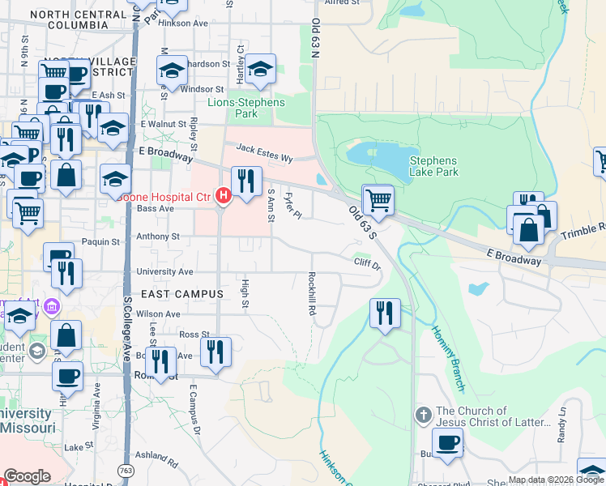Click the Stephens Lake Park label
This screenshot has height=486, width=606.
pos(433,166)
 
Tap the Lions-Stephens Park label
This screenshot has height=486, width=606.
pos(246,108)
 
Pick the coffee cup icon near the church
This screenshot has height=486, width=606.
pos(447,443)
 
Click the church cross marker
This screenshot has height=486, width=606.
pos(423,416)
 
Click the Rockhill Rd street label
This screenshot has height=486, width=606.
pos(311,293)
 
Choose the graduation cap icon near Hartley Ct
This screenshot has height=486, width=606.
pos(261,70)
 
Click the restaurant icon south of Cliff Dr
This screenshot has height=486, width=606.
pos(385,312)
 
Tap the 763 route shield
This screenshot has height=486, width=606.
pos(126,470)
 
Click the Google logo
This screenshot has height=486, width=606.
pos(27,476)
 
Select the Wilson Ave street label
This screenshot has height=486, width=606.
pos(158,313)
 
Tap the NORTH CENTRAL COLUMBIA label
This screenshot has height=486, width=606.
pos(78,19)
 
